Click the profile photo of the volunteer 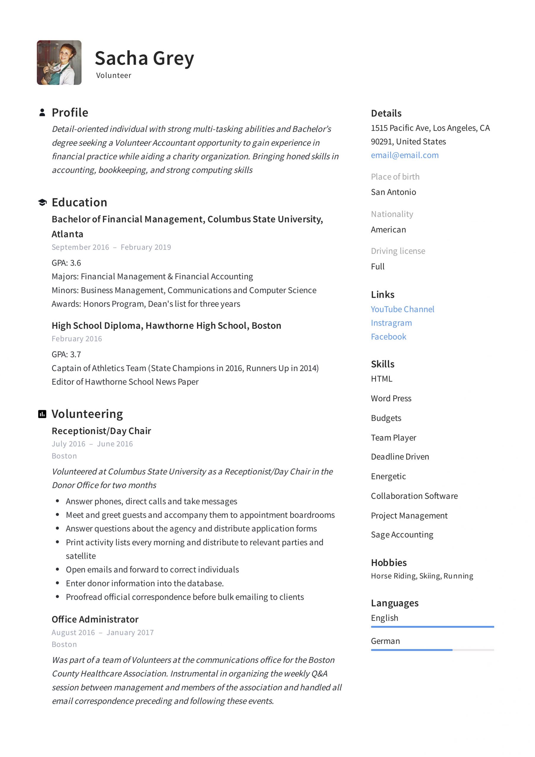pyautogui.click(x=59, y=63)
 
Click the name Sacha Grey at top pyautogui.click(x=144, y=58)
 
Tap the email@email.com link pyautogui.click(x=405, y=155)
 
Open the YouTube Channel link pyautogui.click(x=403, y=309)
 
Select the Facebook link pyautogui.click(x=388, y=336)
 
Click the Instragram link pyautogui.click(x=391, y=323)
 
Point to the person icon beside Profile pyautogui.click(x=42, y=112)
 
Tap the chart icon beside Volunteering pyautogui.click(x=42, y=414)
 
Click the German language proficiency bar pyautogui.click(x=432, y=650)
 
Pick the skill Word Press pyautogui.click(x=391, y=398)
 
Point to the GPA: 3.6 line pyautogui.click(x=66, y=263)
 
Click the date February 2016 pyautogui.click(x=77, y=339)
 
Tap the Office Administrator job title pyautogui.click(x=95, y=619)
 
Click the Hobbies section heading pyautogui.click(x=389, y=562)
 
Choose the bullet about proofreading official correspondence pyautogui.click(x=185, y=597)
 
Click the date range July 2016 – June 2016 pyautogui.click(x=92, y=444)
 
